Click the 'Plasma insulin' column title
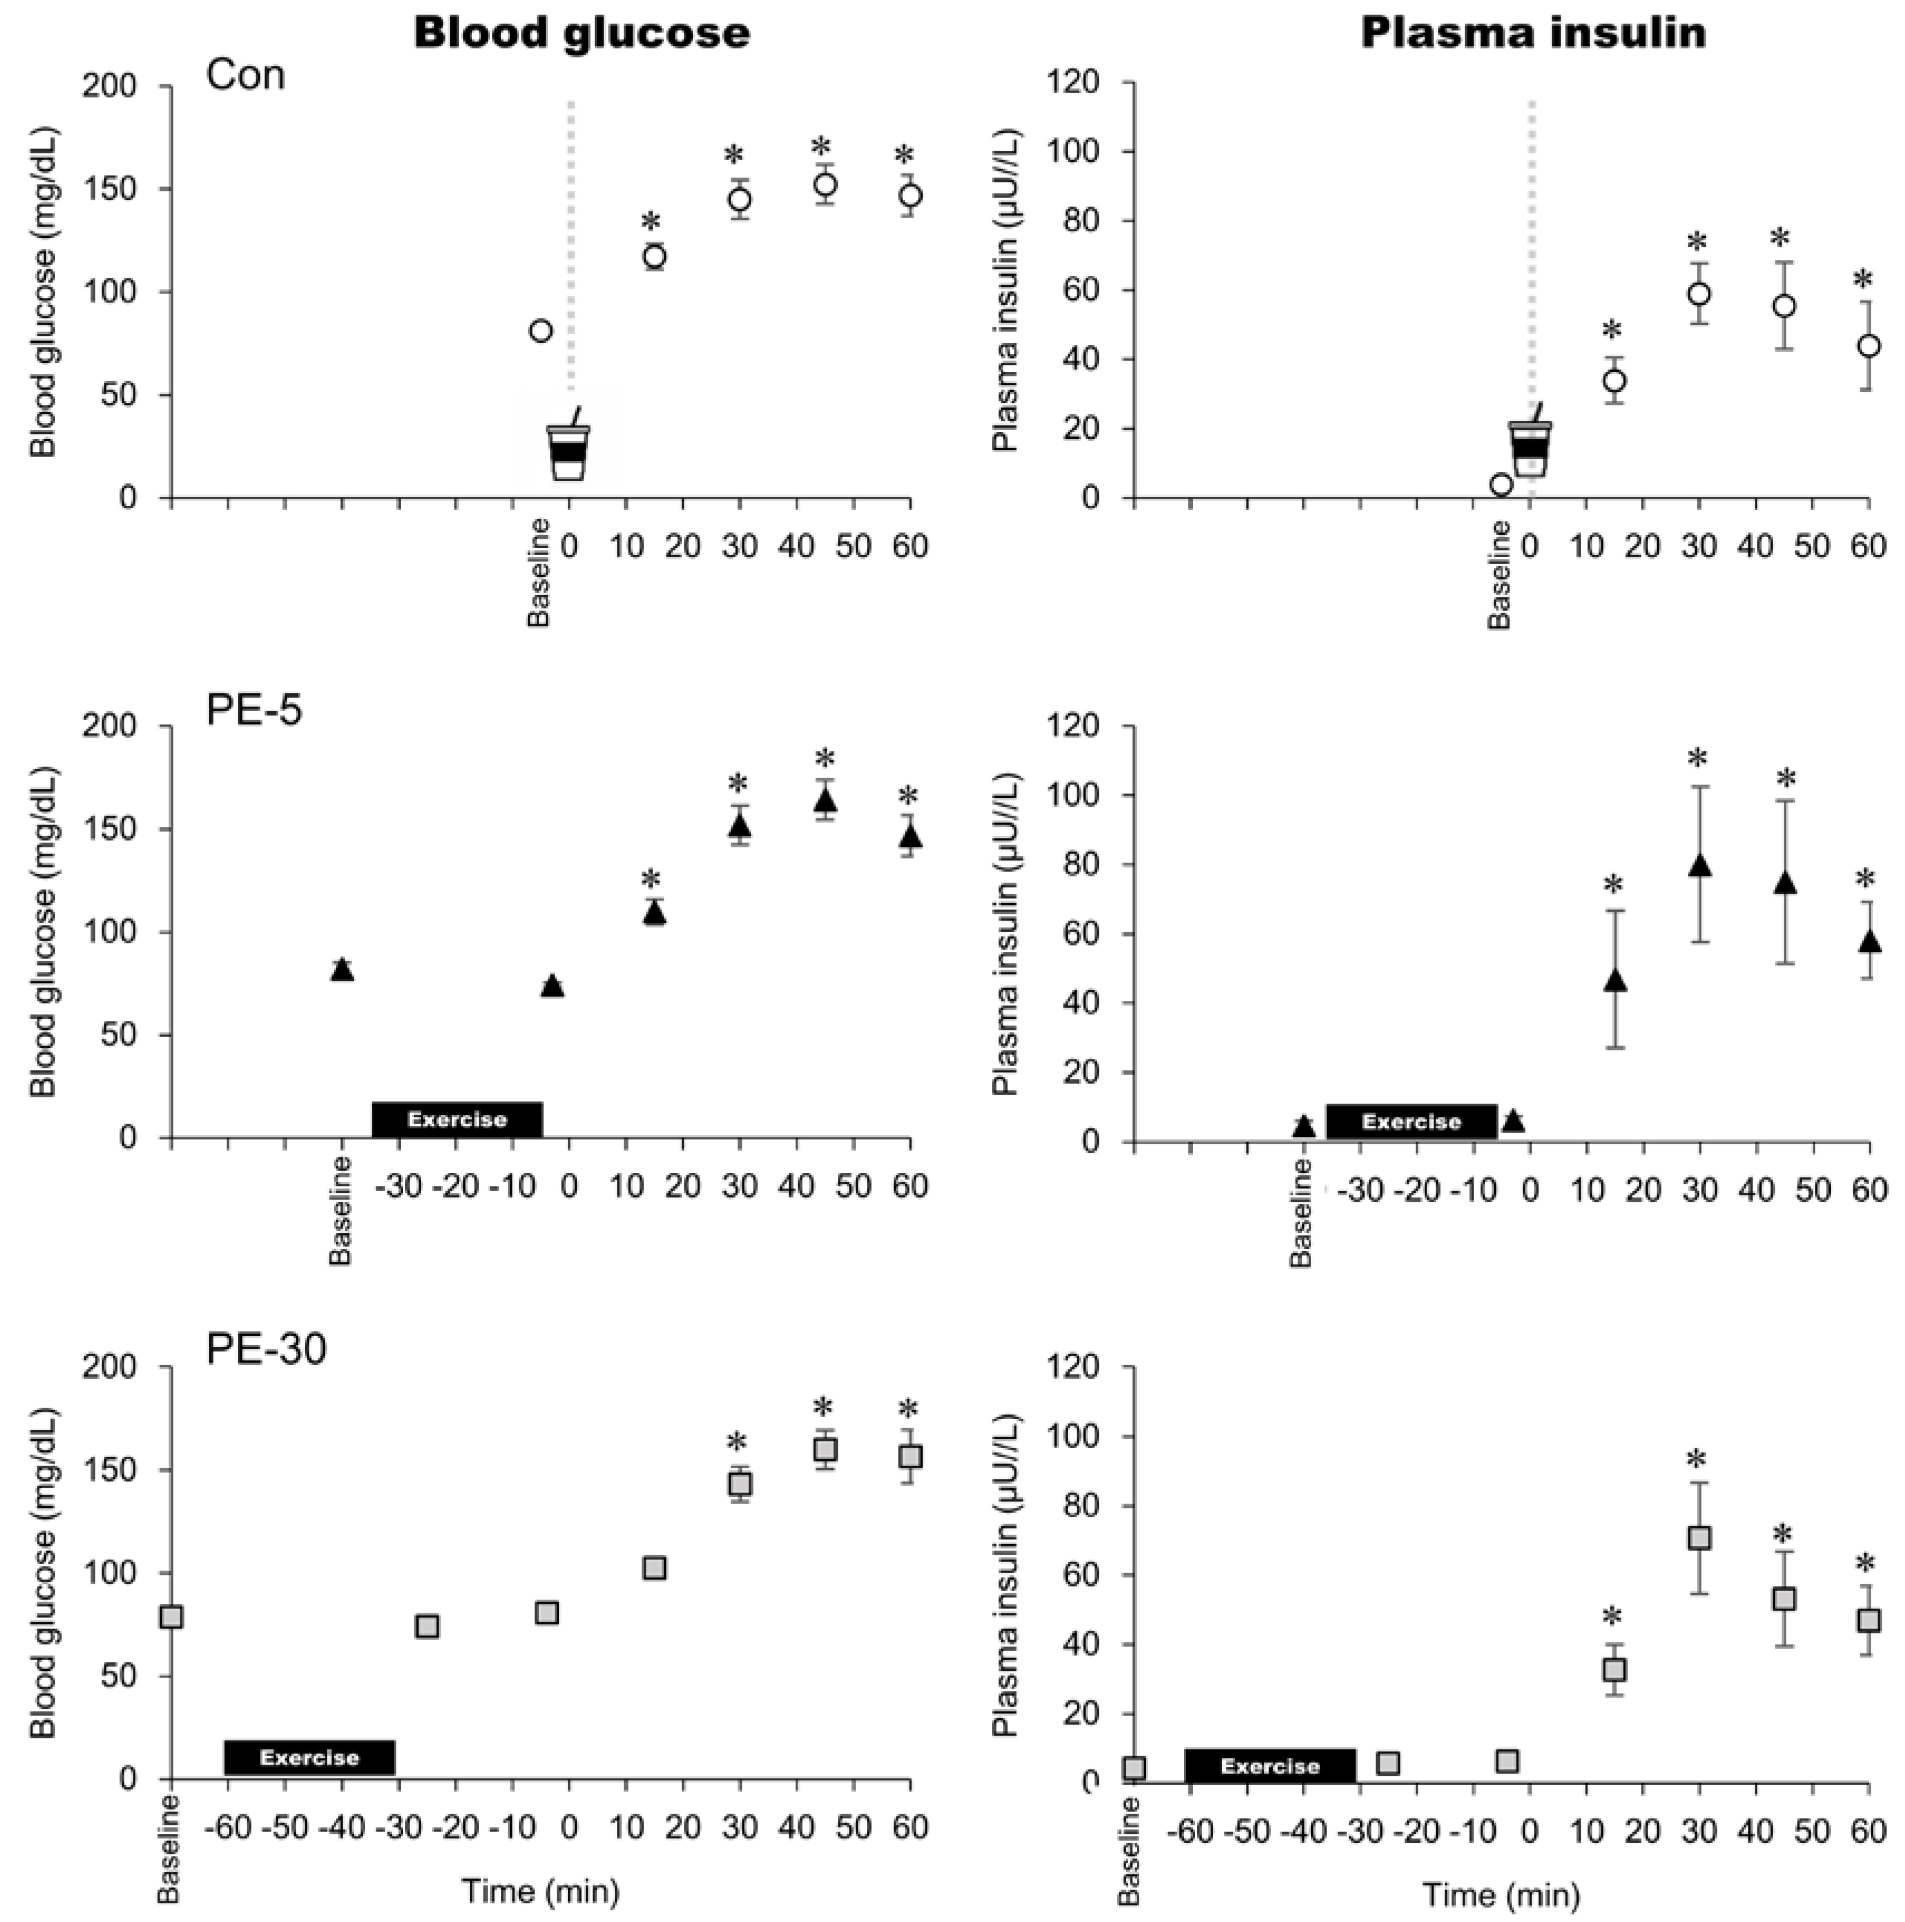pos(1533,33)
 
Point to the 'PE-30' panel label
pos(267,1350)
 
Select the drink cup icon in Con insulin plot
pos(1529,445)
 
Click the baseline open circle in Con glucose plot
pos(540,330)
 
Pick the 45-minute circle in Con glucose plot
pos(824,185)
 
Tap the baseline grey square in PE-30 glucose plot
pos(171,1617)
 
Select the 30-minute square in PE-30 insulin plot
pos(1700,1538)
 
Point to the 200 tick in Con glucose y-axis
pos(129,87)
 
